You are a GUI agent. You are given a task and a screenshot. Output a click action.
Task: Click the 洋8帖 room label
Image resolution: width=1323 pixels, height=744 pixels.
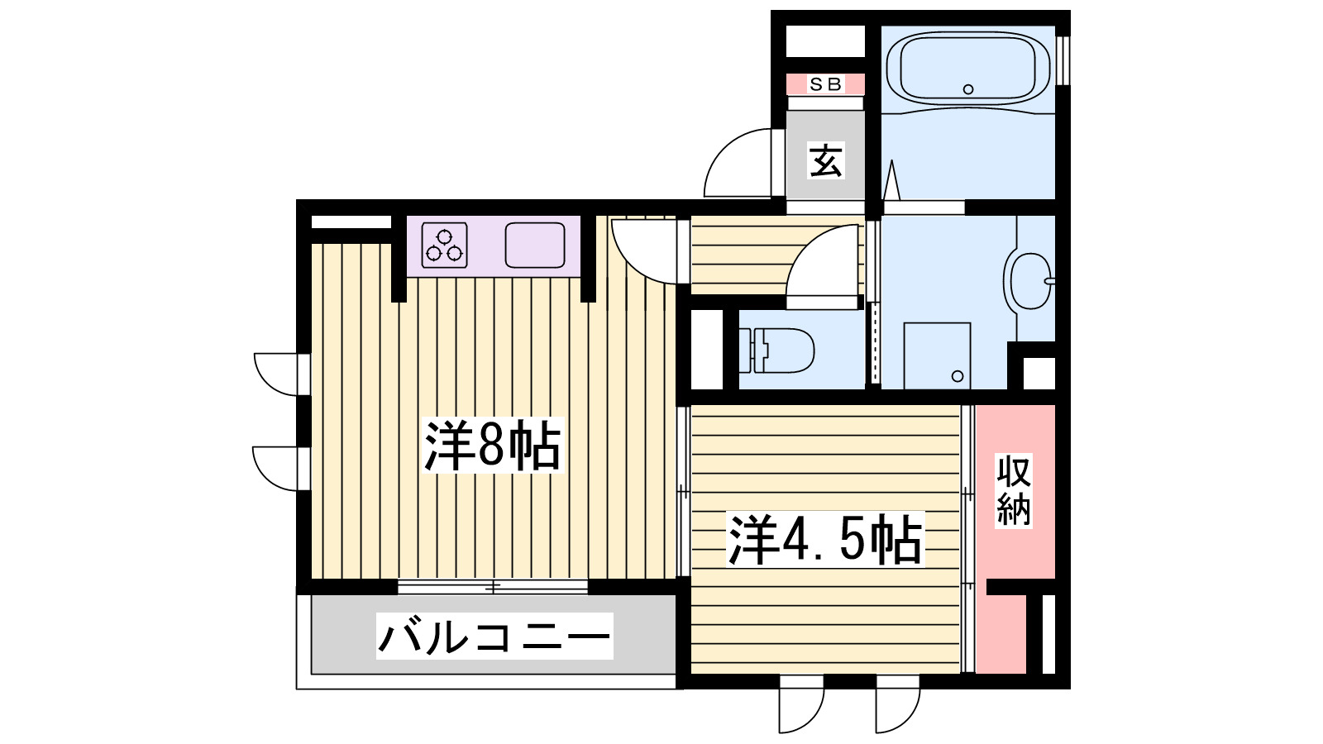click(x=493, y=446)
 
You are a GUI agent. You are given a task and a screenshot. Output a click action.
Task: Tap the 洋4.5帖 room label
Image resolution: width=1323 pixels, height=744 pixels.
click(x=824, y=541)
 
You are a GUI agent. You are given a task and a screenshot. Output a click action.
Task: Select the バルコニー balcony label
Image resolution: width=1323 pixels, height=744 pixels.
click(x=494, y=637)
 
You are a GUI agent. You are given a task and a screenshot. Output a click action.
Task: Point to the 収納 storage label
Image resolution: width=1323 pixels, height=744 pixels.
click(x=1014, y=490)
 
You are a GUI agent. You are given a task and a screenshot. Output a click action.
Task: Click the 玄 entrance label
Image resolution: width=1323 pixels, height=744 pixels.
click(x=825, y=160)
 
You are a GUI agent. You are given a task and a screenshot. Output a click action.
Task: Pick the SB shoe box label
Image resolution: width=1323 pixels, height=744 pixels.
click(x=824, y=84)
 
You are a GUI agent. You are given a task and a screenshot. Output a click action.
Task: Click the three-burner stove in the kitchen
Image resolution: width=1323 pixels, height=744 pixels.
click(x=445, y=245)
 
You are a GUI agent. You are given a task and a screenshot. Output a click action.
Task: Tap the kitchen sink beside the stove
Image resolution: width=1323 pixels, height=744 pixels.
click(x=535, y=245)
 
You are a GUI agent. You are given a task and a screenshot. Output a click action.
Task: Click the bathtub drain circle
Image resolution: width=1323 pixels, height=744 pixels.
click(x=968, y=89)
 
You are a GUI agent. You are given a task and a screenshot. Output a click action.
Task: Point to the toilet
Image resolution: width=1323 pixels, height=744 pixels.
click(x=777, y=350)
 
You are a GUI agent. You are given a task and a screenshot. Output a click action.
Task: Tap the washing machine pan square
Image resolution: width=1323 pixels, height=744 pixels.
click(x=937, y=355)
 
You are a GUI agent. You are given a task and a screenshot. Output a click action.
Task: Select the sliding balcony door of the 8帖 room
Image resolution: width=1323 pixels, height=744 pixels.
click(x=493, y=587)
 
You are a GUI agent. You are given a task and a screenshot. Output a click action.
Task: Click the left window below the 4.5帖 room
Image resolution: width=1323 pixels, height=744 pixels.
click(x=801, y=703)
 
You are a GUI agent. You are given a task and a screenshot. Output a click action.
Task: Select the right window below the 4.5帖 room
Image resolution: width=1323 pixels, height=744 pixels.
click(x=898, y=703)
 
